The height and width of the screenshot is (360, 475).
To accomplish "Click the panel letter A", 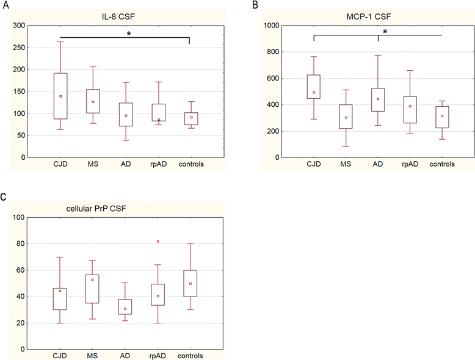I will pos(4,5).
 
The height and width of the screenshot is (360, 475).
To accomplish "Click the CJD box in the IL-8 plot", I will pos(60,96).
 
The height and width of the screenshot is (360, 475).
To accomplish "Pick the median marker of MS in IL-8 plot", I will pos(93,102).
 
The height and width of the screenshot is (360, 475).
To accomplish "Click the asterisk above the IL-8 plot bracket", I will pos(129,34).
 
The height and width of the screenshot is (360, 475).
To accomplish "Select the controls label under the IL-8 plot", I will pos(191,165).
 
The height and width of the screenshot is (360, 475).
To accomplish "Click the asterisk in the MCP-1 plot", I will pos(385,32).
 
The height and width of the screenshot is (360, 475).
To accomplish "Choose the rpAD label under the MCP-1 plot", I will pos(411,165).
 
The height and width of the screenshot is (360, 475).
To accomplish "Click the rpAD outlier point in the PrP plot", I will pos(158,242).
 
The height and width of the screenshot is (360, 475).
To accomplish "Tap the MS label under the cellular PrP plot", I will pos(93,356).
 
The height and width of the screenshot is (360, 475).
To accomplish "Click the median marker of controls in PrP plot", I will pos(190,284).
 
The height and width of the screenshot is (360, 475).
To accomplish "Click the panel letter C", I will pos(4,198).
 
